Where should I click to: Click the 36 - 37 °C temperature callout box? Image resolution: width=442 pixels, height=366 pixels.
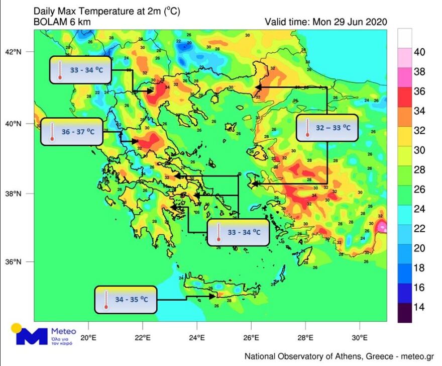[71, 132]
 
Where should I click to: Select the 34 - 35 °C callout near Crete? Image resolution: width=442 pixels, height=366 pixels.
[126, 300]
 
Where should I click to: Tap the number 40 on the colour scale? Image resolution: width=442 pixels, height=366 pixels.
[419, 52]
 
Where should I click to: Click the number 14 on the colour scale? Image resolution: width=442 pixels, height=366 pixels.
[419, 307]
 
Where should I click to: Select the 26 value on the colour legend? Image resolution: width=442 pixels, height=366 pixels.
[419, 190]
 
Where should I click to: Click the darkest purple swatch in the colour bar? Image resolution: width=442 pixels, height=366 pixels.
[405, 313]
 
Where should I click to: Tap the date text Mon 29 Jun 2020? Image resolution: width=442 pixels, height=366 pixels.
[350, 22]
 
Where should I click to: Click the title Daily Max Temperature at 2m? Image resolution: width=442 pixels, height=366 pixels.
[95, 11]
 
